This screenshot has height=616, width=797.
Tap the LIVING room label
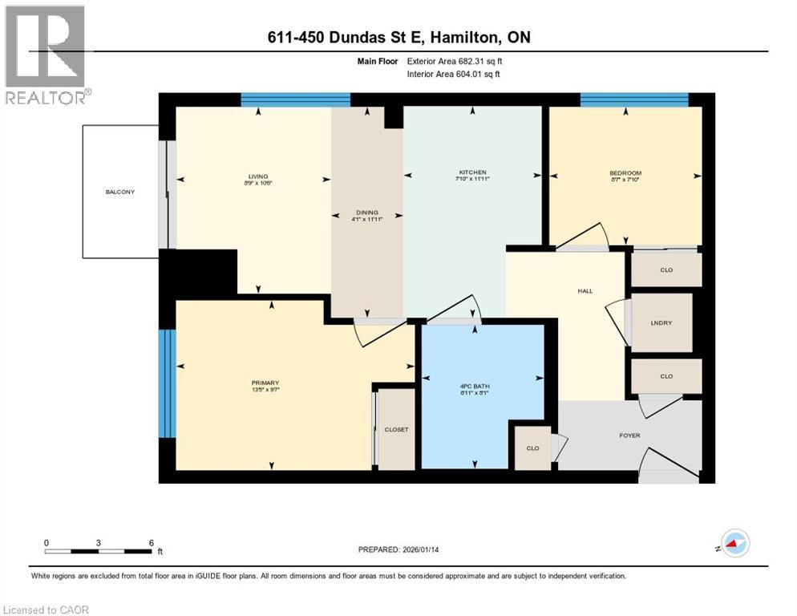click(257, 176)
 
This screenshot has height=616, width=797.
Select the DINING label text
click(366, 213)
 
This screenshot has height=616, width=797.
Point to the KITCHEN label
click(472, 172)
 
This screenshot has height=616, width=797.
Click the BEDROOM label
click(625, 172)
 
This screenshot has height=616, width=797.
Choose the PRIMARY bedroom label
click(265, 383)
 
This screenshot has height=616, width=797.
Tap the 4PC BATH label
click(481, 386)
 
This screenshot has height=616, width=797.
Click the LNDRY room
click(661, 323)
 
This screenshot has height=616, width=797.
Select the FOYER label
click(629, 436)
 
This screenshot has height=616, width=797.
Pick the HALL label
click(585, 290)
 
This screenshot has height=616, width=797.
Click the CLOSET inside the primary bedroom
click(396, 429)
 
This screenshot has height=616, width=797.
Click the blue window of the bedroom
click(634, 99)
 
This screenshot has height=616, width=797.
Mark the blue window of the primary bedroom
click(167, 383)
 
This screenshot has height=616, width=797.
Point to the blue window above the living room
click(295, 99)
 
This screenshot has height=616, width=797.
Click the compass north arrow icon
click(734, 543)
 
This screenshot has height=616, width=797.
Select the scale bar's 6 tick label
click(152, 542)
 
